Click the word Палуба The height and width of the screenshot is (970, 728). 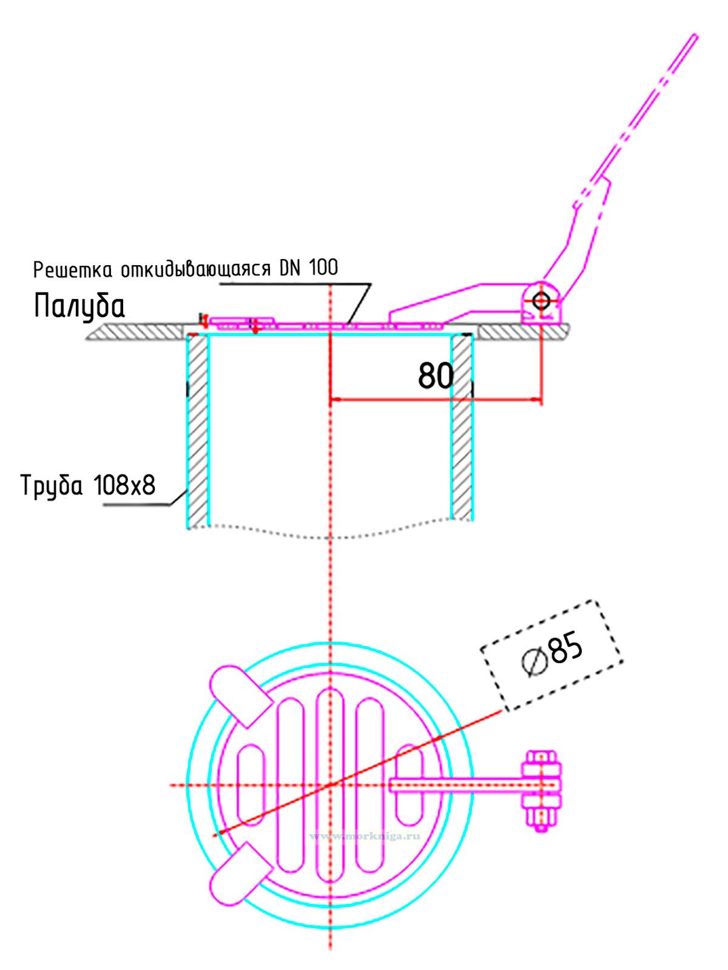pyautogui.click(x=79, y=306)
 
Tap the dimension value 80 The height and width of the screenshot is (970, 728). pyautogui.click(x=435, y=376)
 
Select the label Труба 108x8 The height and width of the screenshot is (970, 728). pyautogui.click(x=89, y=485)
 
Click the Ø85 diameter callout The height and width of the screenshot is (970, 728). pyautogui.click(x=552, y=655)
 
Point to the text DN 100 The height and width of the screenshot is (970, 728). pyautogui.click(x=309, y=268)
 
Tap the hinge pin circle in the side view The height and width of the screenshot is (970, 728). pyautogui.click(x=541, y=301)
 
